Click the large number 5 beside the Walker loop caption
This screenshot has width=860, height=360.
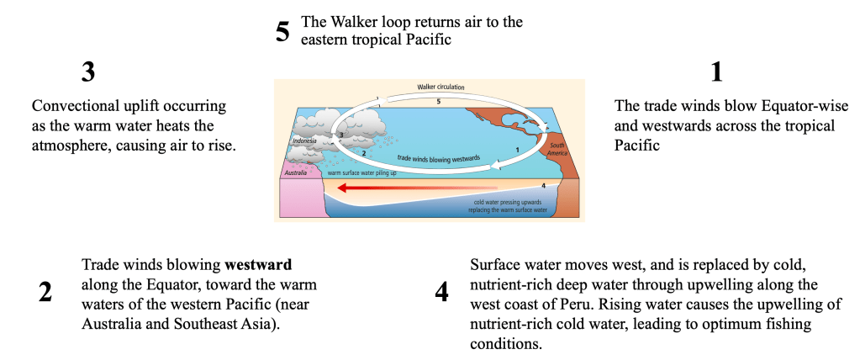282,33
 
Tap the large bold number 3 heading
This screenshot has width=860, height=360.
88,72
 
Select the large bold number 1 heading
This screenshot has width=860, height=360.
716,72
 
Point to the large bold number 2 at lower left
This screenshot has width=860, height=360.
45,292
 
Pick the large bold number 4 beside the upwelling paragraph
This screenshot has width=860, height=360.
441,292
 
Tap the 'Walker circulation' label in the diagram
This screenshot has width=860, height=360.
441,87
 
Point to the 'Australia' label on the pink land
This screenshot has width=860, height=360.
295,173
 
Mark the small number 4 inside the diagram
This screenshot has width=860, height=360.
544,185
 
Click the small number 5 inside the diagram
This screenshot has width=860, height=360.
438,101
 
